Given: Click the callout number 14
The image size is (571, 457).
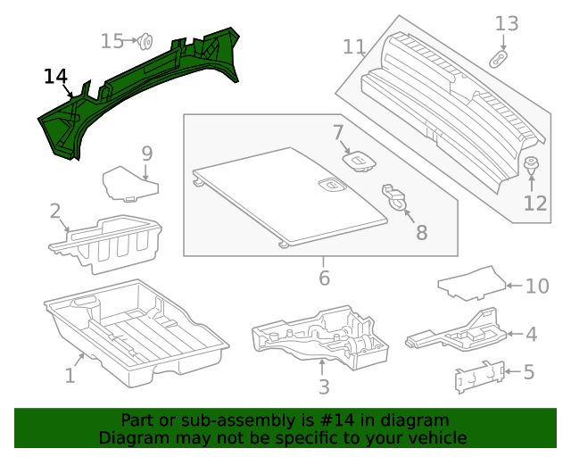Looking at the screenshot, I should (x=55, y=77).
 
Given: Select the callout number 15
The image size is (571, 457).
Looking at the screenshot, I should (x=112, y=41).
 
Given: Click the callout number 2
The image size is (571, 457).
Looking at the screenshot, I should (x=55, y=212).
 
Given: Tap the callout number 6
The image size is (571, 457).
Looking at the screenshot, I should (x=324, y=278).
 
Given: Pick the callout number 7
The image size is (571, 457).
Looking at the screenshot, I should (x=339, y=134).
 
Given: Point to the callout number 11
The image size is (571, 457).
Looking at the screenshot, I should (x=354, y=46).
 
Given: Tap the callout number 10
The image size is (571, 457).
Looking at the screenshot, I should (x=536, y=287).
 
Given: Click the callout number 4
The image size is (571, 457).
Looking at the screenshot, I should (x=532, y=335).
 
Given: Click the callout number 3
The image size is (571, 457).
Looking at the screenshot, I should (x=324, y=386).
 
